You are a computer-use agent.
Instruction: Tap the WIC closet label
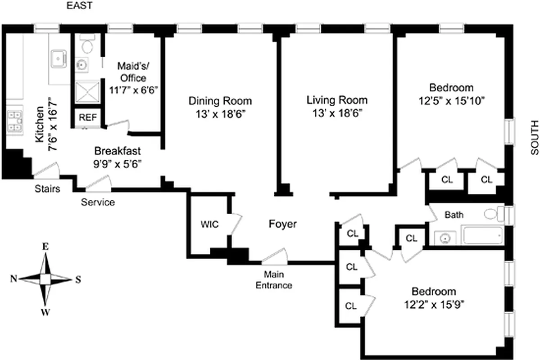tap(210, 224)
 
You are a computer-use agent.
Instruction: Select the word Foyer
tap(283, 224)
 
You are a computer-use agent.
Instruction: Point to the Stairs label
tap(48, 189)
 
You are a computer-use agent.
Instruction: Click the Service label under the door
tap(98, 202)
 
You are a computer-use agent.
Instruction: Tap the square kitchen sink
tap(59, 58)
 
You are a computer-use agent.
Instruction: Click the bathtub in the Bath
tap(482, 235)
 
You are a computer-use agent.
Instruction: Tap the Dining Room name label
tap(220, 100)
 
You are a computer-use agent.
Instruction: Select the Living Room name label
tap(337, 100)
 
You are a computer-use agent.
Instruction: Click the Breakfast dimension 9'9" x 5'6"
tap(118, 164)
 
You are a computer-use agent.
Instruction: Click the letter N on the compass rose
tap(14, 279)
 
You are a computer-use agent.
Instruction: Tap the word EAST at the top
tap(80, 6)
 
